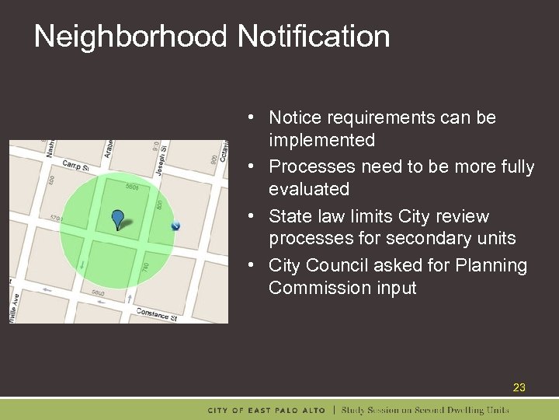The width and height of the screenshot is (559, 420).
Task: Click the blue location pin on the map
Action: pyautogui.click(x=117, y=218)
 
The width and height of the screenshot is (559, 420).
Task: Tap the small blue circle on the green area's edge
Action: pyautogui.click(x=175, y=226)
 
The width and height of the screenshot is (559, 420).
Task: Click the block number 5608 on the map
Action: pyautogui.click(x=134, y=187)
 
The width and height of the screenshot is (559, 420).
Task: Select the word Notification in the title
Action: pyautogui.click(x=314, y=37)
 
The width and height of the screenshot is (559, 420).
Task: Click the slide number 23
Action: pyautogui.click(x=519, y=387)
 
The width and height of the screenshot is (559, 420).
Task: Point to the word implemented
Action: pyautogui.click(x=321, y=140)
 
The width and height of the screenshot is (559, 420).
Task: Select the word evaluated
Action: pyautogui.click(x=309, y=189)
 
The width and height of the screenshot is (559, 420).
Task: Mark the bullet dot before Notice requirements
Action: pyautogui.click(x=253, y=117)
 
